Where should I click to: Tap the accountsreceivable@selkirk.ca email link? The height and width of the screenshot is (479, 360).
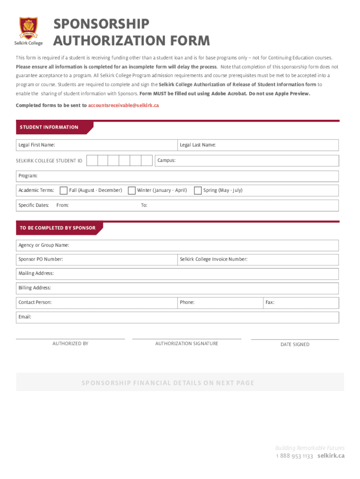tap(123, 105)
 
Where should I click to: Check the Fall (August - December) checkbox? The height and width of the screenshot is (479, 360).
tap(64, 190)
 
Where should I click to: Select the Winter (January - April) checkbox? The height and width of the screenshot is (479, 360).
tap(132, 190)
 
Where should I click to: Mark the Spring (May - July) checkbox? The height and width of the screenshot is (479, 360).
tap(198, 190)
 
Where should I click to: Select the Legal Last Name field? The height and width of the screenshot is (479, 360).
tap(276, 145)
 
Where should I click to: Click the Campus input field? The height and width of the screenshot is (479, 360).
tap(257, 160)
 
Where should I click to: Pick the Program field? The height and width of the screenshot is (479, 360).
tap(187, 176)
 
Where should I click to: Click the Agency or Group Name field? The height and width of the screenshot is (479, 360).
tap(201, 245)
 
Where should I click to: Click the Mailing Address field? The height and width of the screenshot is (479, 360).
tap(196, 273)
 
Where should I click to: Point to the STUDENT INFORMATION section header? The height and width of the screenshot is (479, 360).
tap(49, 127)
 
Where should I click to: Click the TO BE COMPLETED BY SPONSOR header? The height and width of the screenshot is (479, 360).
tap(58, 228)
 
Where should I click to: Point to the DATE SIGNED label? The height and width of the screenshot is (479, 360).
tap(295, 344)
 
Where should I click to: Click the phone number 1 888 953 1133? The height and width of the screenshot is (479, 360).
tap(294, 456)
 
